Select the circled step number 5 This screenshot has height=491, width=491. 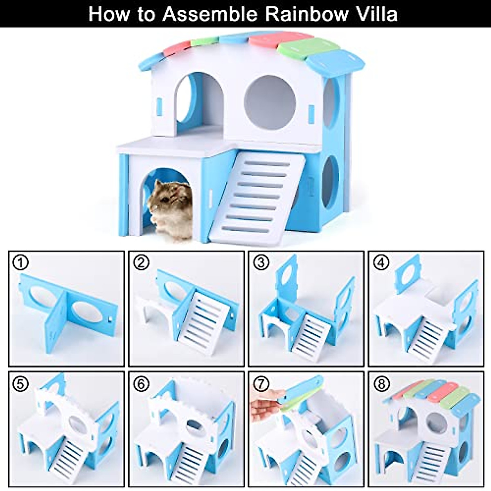[20, 383]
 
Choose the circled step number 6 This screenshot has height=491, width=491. [141, 383]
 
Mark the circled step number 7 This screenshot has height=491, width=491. [261, 383]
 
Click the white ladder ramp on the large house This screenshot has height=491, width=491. [258, 196]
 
